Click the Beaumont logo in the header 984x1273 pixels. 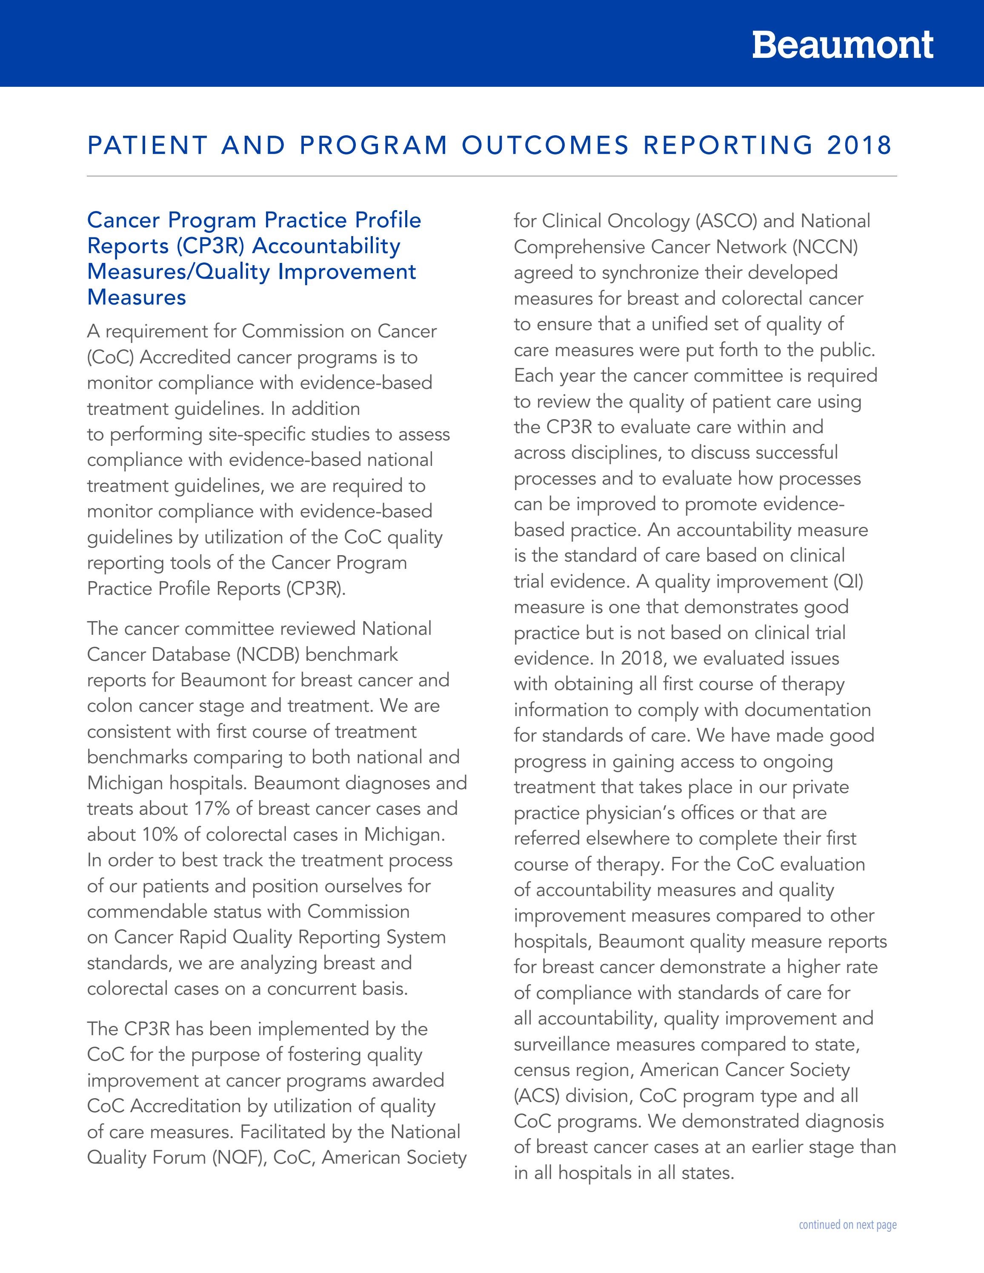coord(842,45)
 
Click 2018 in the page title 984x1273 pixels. coord(859,145)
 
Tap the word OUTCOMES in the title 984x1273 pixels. coord(546,145)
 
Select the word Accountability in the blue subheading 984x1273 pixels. coord(326,246)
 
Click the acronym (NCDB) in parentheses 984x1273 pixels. coord(268,654)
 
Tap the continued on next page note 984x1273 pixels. coord(847,1224)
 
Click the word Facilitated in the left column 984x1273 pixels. coord(282,1131)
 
